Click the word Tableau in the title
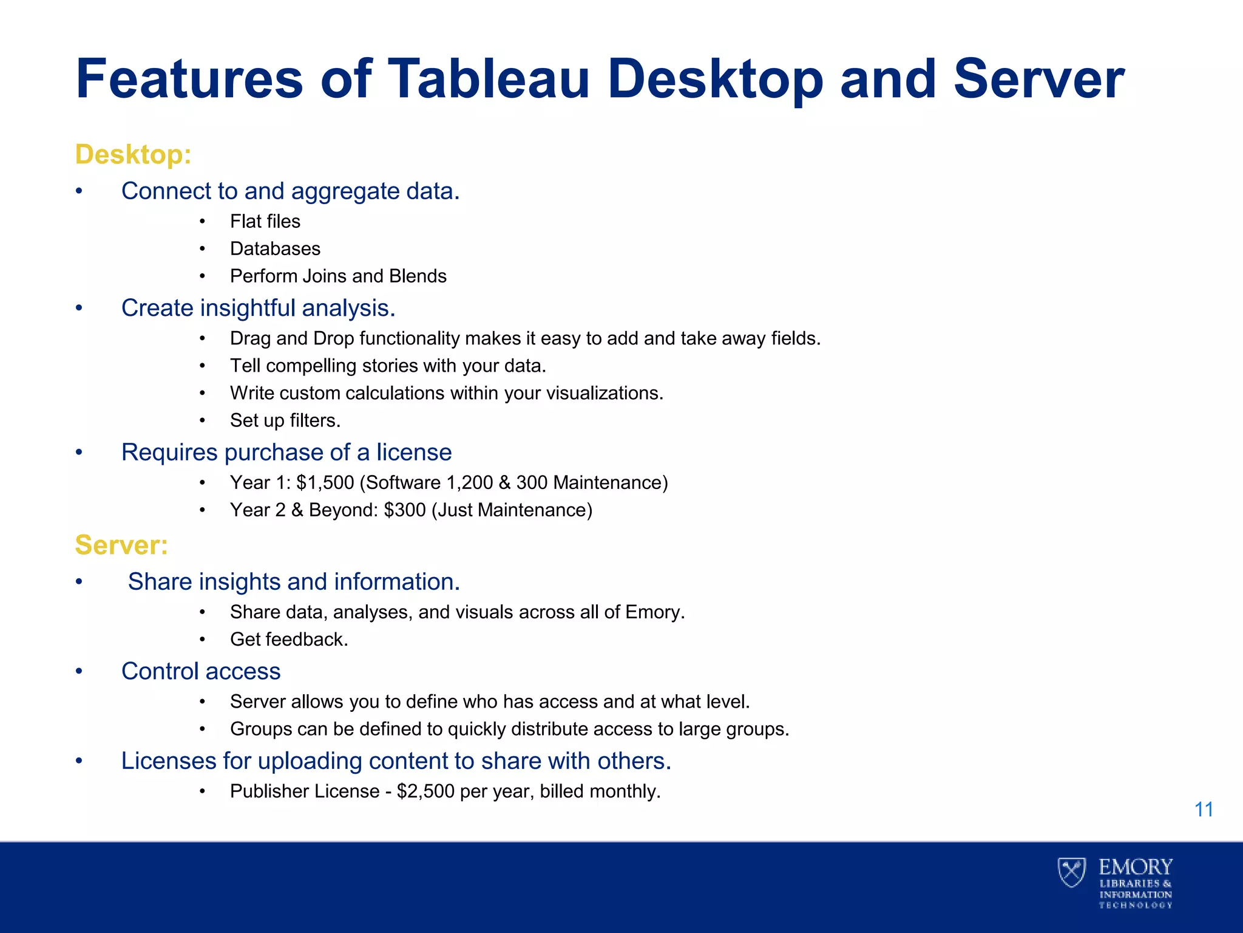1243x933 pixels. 489,79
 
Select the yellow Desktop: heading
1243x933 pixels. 133,154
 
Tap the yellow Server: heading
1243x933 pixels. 121,545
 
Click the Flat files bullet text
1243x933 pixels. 265,222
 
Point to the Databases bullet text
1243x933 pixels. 275,249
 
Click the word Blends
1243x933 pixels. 418,276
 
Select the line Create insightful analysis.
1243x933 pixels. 258,308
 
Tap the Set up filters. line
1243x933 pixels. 285,420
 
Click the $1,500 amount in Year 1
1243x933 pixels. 325,483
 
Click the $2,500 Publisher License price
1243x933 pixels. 425,791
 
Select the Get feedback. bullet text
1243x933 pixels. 289,640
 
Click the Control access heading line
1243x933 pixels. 201,671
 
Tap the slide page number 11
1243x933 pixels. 1204,810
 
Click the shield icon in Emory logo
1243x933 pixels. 1072,872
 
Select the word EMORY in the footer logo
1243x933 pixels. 1136,867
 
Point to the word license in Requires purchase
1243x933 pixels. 414,453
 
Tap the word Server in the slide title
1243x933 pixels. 1039,79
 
